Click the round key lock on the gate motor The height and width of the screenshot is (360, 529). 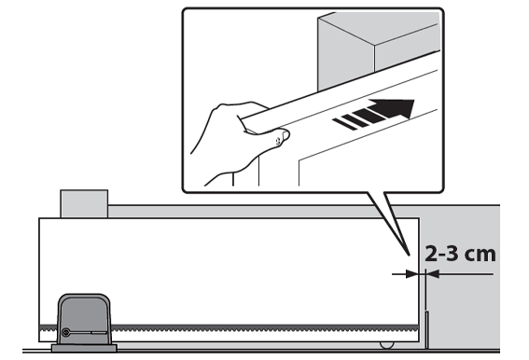click(x=66, y=333)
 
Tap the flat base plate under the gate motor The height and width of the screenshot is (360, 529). click(x=84, y=348)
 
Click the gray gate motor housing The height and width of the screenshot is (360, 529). click(x=84, y=319)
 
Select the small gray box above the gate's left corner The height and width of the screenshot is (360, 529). click(x=84, y=204)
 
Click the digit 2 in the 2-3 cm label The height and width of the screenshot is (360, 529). click(x=431, y=254)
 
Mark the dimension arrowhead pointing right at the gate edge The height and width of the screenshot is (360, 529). click(x=412, y=274)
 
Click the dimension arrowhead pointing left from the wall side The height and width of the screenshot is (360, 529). click(x=433, y=274)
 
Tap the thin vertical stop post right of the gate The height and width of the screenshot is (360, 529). click(x=426, y=330)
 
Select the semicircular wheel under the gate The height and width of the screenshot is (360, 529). click(x=386, y=345)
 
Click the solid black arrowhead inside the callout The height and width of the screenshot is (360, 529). click(x=397, y=108)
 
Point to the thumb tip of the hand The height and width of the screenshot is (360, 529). click(x=285, y=135)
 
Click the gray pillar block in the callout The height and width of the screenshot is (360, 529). click(x=379, y=50)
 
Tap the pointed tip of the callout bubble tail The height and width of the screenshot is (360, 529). click(x=409, y=255)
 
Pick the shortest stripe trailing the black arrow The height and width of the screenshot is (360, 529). click(x=344, y=124)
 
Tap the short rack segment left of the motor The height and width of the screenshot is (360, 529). click(x=49, y=328)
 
